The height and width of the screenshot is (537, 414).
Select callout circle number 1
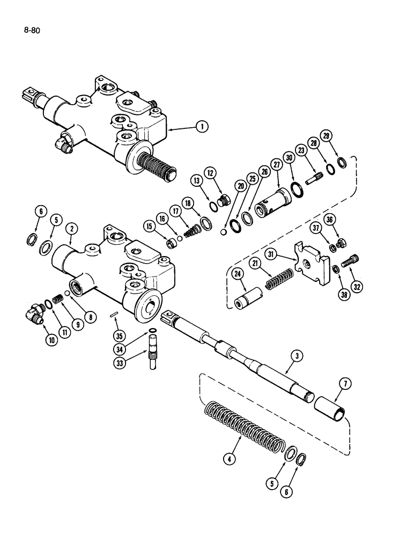tap(201, 127)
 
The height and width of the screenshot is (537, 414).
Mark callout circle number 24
tap(238, 275)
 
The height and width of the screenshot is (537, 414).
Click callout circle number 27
tap(277, 165)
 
